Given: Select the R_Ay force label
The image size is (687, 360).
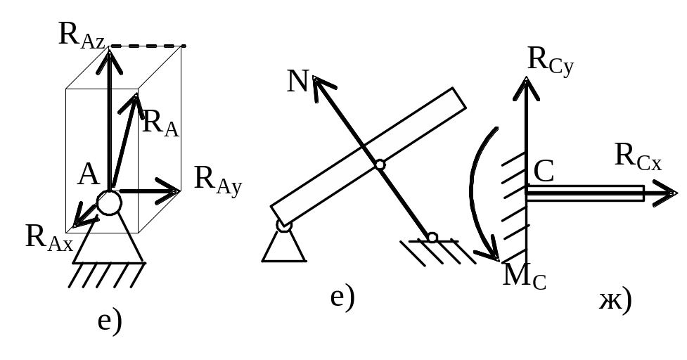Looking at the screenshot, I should pos(218,179).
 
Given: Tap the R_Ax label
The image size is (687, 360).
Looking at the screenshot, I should pos(49,237).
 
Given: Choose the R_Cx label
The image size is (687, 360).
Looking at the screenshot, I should pos(637,155).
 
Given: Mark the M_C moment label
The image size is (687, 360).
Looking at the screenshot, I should pos(525,276).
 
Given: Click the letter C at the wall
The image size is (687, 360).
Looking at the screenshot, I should pos(544,171).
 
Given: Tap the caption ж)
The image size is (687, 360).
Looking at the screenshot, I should pos(615,300).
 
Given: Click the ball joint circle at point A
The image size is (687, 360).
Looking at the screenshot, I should pos(109,202).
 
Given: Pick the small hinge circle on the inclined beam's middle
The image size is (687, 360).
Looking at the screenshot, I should pos(380,165).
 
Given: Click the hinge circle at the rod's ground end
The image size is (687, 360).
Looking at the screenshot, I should pos(432,237).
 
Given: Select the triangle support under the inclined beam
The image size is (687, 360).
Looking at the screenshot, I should pos(284,245).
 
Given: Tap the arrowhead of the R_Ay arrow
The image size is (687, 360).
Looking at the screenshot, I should pos(171,191).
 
